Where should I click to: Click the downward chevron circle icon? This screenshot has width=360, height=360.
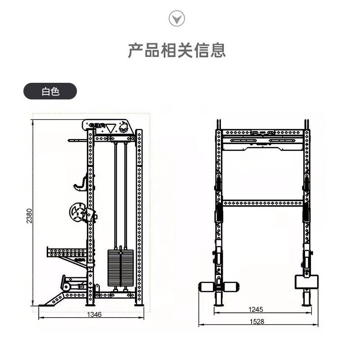[176, 18]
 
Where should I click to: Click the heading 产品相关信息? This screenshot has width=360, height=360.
[176, 50]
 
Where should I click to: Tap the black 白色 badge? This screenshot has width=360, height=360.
[50, 91]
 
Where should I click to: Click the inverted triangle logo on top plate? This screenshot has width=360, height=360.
[111, 127]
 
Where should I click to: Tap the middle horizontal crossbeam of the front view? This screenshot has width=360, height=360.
[263, 203]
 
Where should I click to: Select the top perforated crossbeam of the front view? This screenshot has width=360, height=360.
[263, 133]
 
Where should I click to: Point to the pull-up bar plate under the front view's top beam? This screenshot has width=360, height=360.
[263, 143]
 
